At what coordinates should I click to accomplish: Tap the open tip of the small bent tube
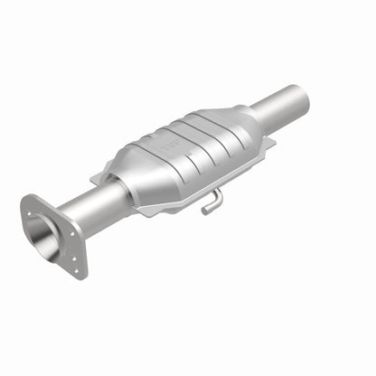tap(204, 211)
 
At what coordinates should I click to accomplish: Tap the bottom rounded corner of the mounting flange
tap(80, 275)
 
